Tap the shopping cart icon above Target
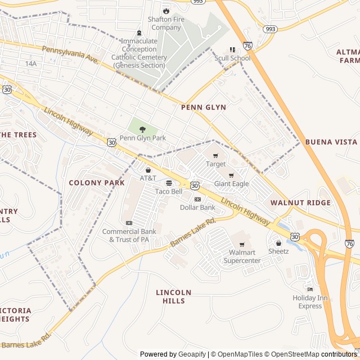(215, 155)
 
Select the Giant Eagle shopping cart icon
(231, 175)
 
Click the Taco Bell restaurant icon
(169, 183)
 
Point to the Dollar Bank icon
(197, 199)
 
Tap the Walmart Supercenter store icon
(242, 245)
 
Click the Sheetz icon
(278, 243)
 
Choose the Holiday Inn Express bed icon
(310, 289)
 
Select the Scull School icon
(232, 50)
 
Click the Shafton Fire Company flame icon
(165, 11)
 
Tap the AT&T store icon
(148, 170)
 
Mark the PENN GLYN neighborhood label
(204, 107)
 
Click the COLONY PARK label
(97, 183)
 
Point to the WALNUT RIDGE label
(300, 202)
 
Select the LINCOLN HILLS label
(174, 296)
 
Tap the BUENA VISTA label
(331, 142)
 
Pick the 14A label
(30, 64)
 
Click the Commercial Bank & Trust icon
(129, 223)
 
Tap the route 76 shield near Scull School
(248, 45)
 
